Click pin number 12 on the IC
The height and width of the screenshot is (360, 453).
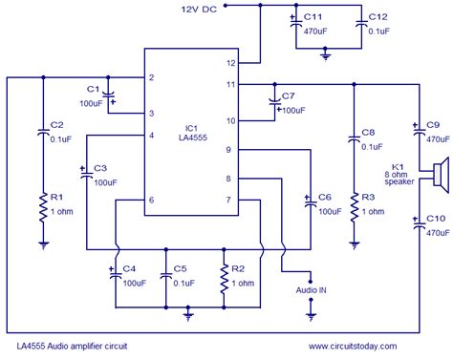click(x=230, y=63)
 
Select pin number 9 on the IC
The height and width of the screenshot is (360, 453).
click(x=229, y=149)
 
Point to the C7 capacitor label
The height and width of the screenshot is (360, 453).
click(x=290, y=96)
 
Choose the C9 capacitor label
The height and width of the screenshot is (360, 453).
click(x=432, y=125)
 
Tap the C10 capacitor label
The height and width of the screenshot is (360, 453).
click(x=432, y=219)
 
